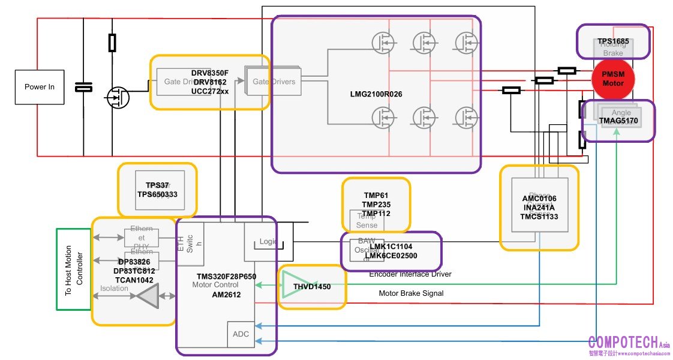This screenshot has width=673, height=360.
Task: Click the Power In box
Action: click(x=40, y=87)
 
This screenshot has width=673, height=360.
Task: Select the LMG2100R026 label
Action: click(x=375, y=94)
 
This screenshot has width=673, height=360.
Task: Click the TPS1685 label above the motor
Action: click(x=613, y=42)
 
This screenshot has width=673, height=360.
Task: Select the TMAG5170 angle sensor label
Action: click(x=618, y=121)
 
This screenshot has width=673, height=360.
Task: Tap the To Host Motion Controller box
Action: click(x=73, y=269)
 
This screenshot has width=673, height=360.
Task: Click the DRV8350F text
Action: click(x=210, y=73)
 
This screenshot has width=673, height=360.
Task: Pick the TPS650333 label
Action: click(x=157, y=194)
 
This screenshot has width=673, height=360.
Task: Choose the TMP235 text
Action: click(x=376, y=205)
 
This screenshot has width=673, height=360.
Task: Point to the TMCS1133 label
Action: click(x=540, y=217)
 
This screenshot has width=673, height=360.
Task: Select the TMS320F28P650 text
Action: click(x=227, y=277)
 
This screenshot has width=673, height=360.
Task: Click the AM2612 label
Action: click(x=226, y=295)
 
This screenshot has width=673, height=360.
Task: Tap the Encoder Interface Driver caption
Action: click(x=410, y=274)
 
